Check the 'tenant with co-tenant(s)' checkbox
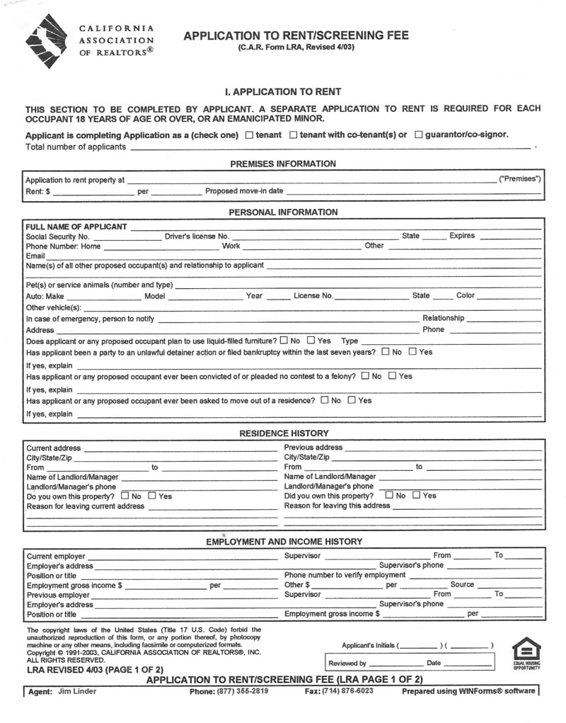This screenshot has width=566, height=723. click(294, 135)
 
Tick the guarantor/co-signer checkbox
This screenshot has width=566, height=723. click(418, 135)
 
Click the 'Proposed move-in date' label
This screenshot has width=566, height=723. click(244, 191)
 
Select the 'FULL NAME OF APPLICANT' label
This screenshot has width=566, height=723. click(76, 227)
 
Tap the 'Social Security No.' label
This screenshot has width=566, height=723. click(57, 236)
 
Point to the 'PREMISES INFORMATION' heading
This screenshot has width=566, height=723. click(283, 164)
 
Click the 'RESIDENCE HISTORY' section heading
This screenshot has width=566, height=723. click(283, 433)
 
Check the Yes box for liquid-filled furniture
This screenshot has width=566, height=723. click(311, 341)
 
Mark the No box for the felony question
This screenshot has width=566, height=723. click(365, 376)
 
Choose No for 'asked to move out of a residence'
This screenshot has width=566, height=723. click(325, 400)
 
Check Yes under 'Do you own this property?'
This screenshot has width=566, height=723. click(151, 496)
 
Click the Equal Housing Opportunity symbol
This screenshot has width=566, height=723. click(526, 653)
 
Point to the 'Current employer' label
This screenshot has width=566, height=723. click(55, 557)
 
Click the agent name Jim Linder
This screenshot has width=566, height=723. click(77, 691)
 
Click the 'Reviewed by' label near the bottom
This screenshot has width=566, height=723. click(347, 664)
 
